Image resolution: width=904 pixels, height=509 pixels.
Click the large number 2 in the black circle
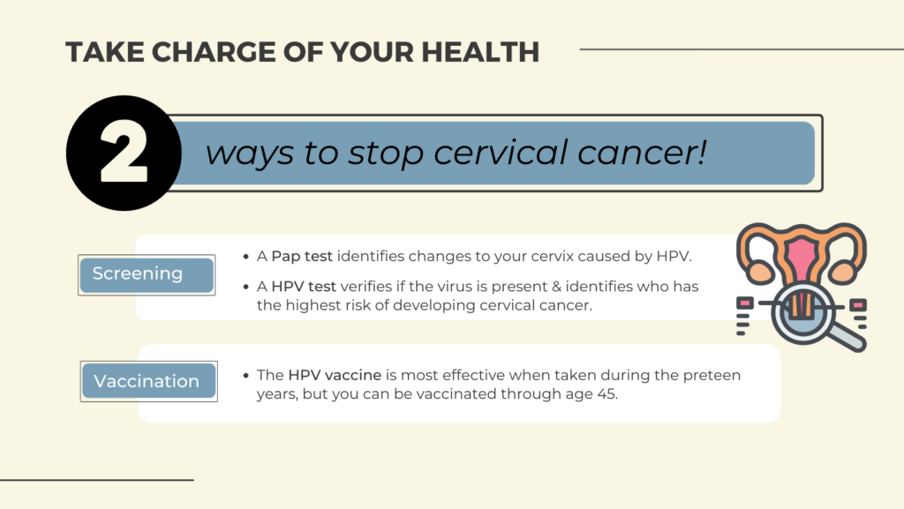pos(124,153)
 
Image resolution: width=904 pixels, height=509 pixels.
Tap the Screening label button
pos(147,274)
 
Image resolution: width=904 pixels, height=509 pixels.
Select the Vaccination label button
pos(148,381)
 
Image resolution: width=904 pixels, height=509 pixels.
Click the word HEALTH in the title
pos(480,52)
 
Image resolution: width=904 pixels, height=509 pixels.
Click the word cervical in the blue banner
pos(501,153)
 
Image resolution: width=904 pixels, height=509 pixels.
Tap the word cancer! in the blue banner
pos(642,153)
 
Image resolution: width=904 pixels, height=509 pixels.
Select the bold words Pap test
pos(302,256)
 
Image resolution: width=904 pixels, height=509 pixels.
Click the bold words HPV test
pos(304,286)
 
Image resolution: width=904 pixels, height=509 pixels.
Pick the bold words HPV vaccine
pos(335,375)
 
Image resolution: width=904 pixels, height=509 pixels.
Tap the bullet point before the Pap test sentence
pos(246,257)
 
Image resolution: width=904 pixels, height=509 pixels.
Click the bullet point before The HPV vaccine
pos(246,376)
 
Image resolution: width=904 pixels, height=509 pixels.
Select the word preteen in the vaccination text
pos(712,376)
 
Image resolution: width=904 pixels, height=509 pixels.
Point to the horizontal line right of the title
pos(742,49)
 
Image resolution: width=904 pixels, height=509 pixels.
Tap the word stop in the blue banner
pos(385,153)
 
